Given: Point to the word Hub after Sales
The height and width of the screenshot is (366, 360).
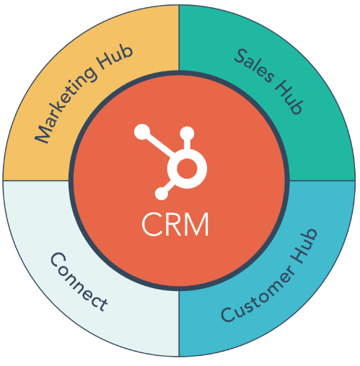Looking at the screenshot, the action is tap(288, 97).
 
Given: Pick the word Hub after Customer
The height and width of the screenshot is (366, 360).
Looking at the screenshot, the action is tap(304, 246).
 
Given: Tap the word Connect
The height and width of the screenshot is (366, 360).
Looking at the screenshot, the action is tap(79, 282).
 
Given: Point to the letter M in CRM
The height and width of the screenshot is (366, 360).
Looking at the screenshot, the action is tap(196, 225).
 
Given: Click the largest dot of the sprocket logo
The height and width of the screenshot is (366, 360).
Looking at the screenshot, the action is tap(142, 132).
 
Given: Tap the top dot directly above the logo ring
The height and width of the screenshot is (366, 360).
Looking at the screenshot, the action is tap(187, 133).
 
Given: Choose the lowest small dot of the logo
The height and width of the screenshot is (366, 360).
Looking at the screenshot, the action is tap(162, 194).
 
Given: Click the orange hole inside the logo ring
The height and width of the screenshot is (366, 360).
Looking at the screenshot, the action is tap(187, 169).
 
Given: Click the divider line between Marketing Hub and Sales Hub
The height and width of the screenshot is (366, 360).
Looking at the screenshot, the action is tap(179, 38).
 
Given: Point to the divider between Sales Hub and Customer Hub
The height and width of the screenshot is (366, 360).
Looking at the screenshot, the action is tap(322, 181).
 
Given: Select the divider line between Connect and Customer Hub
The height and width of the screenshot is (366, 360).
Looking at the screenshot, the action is tap(179, 323).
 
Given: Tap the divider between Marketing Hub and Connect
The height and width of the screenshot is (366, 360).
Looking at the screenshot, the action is tap(36, 181).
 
